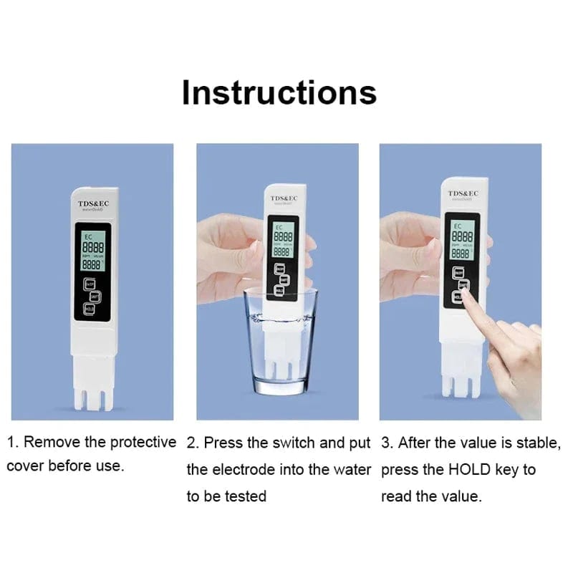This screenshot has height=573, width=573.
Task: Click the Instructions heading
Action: [x=279, y=92]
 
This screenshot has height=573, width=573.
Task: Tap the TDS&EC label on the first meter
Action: [x=92, y=203]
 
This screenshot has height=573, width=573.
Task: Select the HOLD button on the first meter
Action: [x=89, y=309]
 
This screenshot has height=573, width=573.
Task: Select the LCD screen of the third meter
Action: [x=461, y=239]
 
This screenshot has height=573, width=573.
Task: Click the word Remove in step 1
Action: [x=48, y=442]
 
